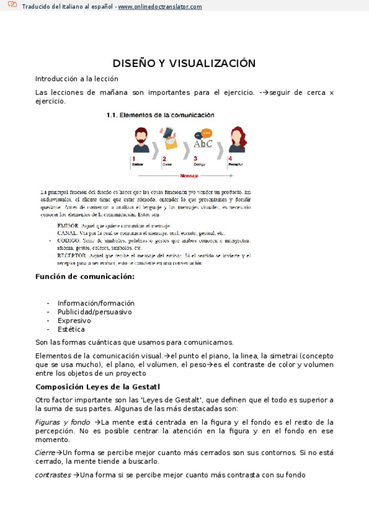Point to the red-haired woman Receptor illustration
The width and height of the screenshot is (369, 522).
pos(238,140)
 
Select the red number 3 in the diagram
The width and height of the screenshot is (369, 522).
pos(195,158)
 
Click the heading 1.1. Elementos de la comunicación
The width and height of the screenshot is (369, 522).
pos(160,114)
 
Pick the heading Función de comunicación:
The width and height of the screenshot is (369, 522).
pos(85,276)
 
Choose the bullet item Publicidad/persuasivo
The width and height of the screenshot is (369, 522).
pos(94,311)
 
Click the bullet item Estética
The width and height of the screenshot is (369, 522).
pos(71,329)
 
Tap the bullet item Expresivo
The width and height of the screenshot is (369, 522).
pos(74,320)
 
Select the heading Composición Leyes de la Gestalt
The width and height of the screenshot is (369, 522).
pos(97,387)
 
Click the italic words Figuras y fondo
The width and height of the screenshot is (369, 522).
pos(62,422)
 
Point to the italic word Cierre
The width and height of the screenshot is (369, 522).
pos(46,452)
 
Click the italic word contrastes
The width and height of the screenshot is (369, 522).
pos(53,475)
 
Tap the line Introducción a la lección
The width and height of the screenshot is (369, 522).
pos(76,79)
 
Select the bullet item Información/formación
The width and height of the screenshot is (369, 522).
pos(95,303)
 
